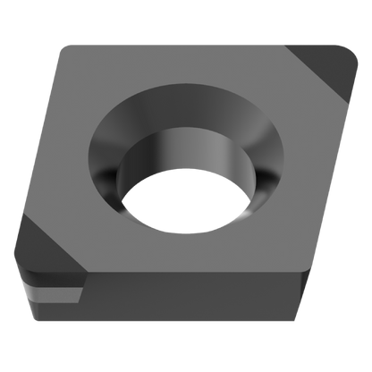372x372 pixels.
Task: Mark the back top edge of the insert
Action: click(197, 42)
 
